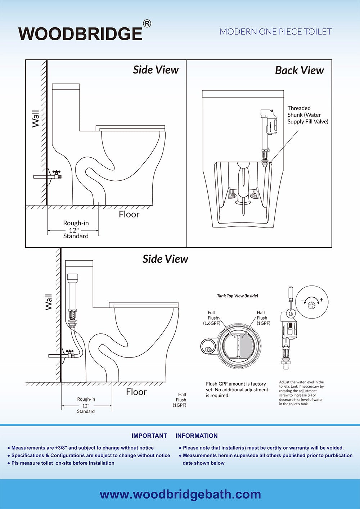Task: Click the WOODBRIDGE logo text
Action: tap(80, 34)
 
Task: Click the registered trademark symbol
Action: tap(147, 24)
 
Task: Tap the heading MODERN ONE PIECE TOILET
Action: tap(275, 32)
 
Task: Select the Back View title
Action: tap(299, 71)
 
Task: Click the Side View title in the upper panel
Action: tap(156, 70)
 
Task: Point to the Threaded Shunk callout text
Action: tap(307, 115)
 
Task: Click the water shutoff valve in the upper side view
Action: tap(57, 175)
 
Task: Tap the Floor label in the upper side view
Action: tap(129, 215)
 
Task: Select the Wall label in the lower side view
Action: tap(49, 302)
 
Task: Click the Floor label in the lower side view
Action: tap(136, 392)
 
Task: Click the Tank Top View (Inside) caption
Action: tap(237, 296)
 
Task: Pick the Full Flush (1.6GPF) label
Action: tap(211, 318)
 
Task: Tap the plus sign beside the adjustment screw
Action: tap(321, 300)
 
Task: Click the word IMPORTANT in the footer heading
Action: tap(149, 436)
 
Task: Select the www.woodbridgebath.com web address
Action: tap(180, 494)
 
